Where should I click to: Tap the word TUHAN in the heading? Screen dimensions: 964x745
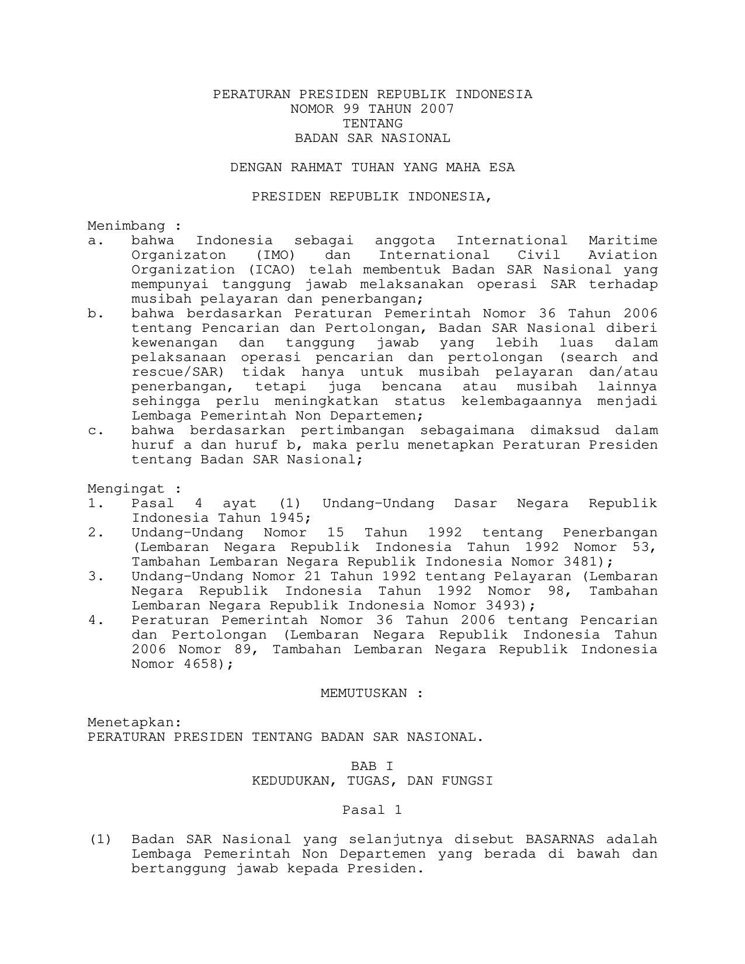[372, 168]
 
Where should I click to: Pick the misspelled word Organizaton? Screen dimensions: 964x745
[179, 255]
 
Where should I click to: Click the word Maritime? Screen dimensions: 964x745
[623, 241]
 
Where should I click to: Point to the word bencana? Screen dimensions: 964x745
[411, 387]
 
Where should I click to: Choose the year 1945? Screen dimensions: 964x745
[287, 518]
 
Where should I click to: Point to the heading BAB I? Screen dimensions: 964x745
[372, 767]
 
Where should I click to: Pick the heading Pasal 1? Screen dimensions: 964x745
[372, 810]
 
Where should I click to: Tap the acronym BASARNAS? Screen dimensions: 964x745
[560, 840]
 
